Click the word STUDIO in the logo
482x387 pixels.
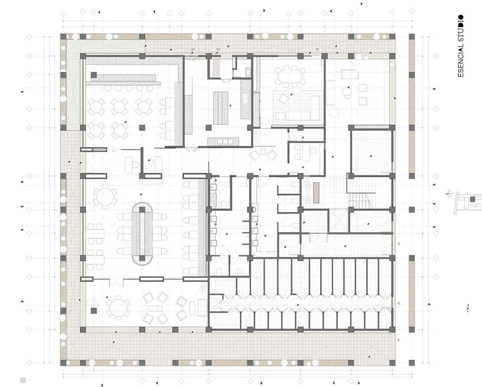click(x=460, y=29)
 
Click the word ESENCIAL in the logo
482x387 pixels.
click(x=460, y=60)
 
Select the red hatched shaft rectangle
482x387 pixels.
click(x=216, y=67)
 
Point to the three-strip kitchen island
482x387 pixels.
click(x=221, y=108)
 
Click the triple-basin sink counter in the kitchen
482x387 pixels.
click(x=223, y=141)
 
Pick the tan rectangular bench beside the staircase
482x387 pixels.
click(x=316, y=193)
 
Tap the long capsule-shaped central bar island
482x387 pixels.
click(x=142, y=234)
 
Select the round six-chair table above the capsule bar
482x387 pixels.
click(x=105, y=197)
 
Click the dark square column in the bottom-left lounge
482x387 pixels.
click(x=94, y=311)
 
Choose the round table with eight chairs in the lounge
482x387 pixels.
click(x=118, y=308)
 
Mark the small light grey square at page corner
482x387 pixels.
click(x=23, y=380)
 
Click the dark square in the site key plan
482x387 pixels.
click(x=472, y=199)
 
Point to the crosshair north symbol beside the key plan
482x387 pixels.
click(x=449, y=193)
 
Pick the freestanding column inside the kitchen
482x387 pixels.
click(x=208, y=128)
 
